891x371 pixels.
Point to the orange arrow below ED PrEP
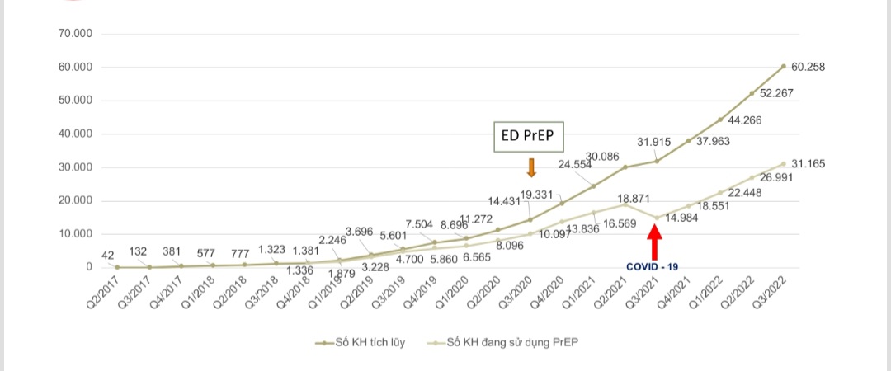point(531,167)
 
